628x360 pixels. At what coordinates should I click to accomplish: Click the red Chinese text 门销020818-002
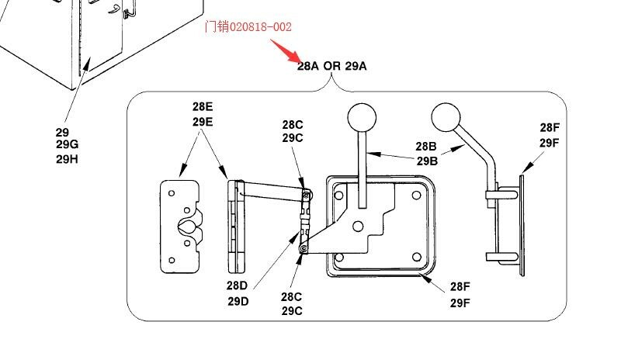click(x=248, y=27)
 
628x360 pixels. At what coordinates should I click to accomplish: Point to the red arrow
click(x=287, y=50)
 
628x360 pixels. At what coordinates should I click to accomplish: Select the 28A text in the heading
click(x=307, y=66)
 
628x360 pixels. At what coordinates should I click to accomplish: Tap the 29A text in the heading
click(x=356, y=66)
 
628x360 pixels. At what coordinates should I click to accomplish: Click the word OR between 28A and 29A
click(x=331, y=66)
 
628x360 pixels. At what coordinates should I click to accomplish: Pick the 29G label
click(x=67, y=145)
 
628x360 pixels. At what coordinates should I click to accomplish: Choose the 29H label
click(x=67, y=159)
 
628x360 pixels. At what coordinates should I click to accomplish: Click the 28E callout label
click(x=203, y=107)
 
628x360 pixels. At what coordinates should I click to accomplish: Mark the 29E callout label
click(x=203, y=122)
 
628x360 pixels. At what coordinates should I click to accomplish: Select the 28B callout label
click(x=426, y=147)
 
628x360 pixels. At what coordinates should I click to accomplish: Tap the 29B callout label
click(x=426, y=161)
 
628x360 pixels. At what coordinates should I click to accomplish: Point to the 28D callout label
click(x=238, y=286)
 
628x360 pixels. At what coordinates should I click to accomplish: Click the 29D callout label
click(x=238, y=301)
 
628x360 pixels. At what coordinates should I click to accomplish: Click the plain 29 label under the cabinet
click(x=62, y=132)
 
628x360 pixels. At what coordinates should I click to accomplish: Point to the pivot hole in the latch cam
click(x=357, y=226)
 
